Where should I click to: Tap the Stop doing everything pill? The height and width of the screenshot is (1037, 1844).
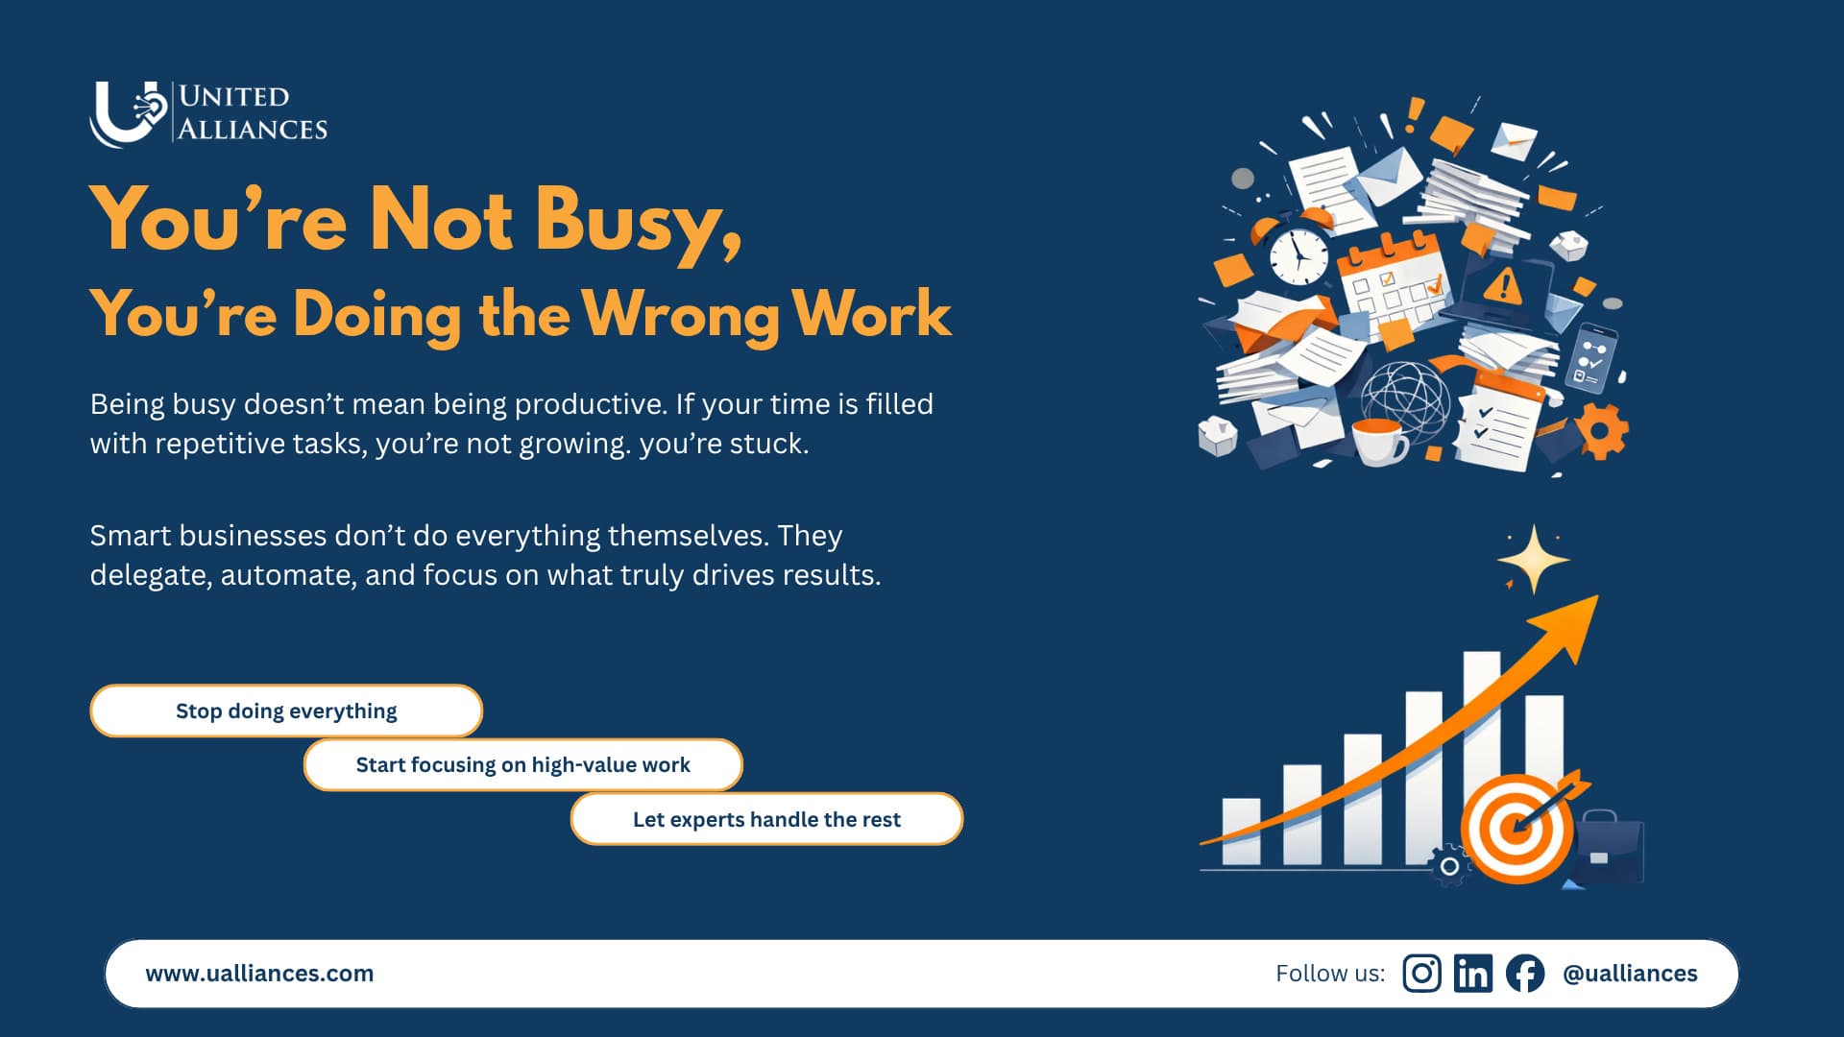(x=286, y=711)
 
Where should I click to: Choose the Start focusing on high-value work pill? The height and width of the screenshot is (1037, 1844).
(x=522, y=765)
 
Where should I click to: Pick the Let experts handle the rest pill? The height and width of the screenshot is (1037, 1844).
(x=766, y=819)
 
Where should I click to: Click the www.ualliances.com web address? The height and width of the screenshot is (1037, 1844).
(x=259, y=974)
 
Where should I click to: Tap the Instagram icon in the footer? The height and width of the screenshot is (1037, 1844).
(x=1421, y=974)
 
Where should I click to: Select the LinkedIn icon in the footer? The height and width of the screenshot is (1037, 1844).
(x=1472, y=974)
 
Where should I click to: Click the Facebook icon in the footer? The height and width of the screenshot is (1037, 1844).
(x=1525, y=974)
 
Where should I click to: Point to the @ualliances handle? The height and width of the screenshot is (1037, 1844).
(x=1630, y=974)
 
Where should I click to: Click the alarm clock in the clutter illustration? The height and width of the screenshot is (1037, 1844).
(x=1298, y=254)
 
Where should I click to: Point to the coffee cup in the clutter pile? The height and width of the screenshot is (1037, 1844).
(x=1378, y=441)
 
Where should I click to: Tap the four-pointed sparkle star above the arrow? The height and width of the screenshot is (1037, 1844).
(x=1534, y=559)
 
